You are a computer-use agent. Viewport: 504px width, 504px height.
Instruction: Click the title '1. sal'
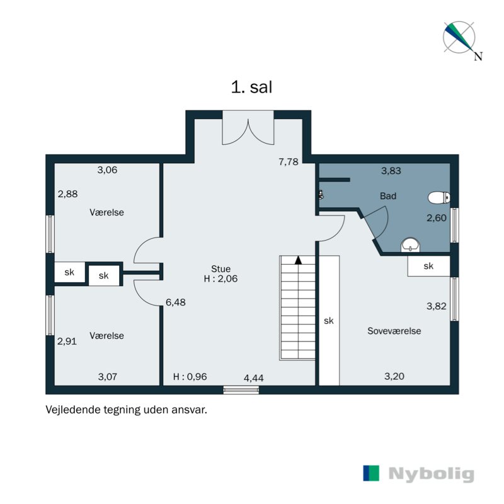(251, 88)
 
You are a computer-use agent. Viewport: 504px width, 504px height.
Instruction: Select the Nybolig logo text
(431, 474)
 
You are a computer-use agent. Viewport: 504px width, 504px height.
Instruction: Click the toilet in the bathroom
(438, 198)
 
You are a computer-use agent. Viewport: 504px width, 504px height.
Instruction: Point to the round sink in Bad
(411, 244)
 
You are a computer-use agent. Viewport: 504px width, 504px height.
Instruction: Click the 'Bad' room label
(388, 197)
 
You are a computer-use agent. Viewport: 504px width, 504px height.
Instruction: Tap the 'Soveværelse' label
(394, 331)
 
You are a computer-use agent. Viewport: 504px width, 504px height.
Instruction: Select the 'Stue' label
(221, 269)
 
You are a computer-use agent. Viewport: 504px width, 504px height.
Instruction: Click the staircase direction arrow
(299, 259)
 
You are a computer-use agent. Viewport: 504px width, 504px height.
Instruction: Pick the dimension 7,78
(289, 162)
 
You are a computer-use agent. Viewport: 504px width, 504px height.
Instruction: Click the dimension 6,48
(176, 302)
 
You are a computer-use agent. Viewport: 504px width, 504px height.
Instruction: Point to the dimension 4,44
(254, 377)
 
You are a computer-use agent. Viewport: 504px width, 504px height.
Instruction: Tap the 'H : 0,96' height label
(190, 377)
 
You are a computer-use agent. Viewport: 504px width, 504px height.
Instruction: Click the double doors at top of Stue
(248, 129)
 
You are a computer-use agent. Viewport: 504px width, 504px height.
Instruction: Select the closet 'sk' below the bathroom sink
(428, 266)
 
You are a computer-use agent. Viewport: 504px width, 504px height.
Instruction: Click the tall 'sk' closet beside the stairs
(328, 321)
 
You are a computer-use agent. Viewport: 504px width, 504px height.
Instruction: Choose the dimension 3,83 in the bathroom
(391, 170)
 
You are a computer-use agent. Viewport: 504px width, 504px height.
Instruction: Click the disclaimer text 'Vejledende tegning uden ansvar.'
(126, 409)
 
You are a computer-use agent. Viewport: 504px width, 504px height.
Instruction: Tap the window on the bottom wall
(241, 390)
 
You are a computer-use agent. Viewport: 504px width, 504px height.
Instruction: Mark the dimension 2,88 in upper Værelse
(67, 194)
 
